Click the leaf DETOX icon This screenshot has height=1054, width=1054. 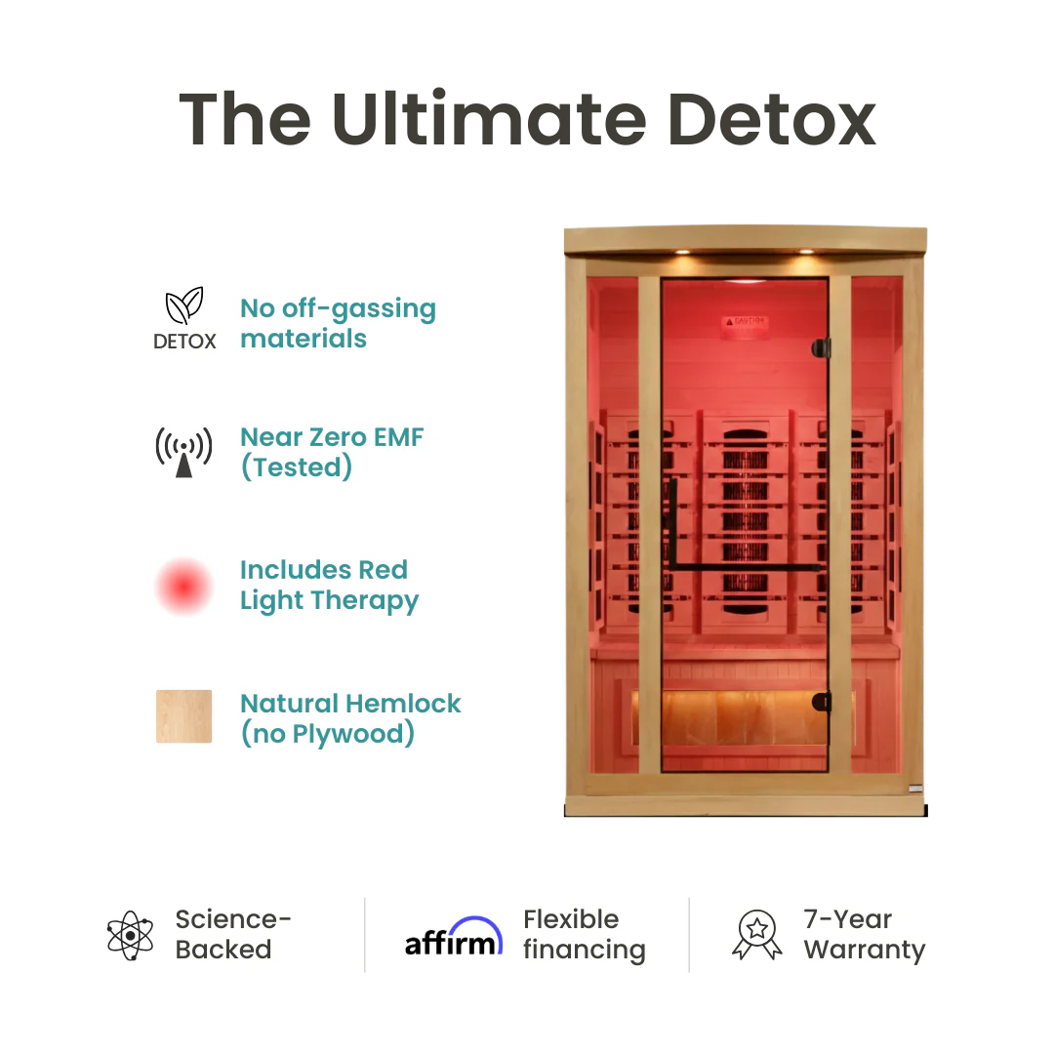[x=184, y=319]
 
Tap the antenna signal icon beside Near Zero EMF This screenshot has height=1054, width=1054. [x=183, y=452]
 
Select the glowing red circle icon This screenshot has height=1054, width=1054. [x=183, y=586]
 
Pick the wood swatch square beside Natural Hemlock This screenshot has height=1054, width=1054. [x=183, y=716]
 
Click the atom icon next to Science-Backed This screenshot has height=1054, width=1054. [x=130, y=935]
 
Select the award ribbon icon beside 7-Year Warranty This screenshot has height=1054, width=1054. [x=756, y=935]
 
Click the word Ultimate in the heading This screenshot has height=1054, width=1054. [x=487, y=120]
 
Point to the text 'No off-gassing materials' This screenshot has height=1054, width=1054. [x=338, y=323]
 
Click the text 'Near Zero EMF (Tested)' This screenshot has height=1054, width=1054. [x=332, y=452]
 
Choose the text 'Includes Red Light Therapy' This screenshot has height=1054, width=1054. [x=329, y=585]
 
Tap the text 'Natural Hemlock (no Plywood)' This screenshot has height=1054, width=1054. [x=350, y=717]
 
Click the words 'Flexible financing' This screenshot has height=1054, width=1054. [x=584, y=934]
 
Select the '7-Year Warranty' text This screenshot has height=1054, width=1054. [x=864, y=934]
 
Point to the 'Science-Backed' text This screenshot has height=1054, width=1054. [x=233, y=934]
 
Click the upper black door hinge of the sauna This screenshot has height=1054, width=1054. [x=823, y=347]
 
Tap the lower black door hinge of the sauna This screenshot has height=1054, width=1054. [x=823, y=701]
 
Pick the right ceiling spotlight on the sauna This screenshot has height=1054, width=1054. [x=806, y=253]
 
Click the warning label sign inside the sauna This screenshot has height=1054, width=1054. [x=744, y=322]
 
